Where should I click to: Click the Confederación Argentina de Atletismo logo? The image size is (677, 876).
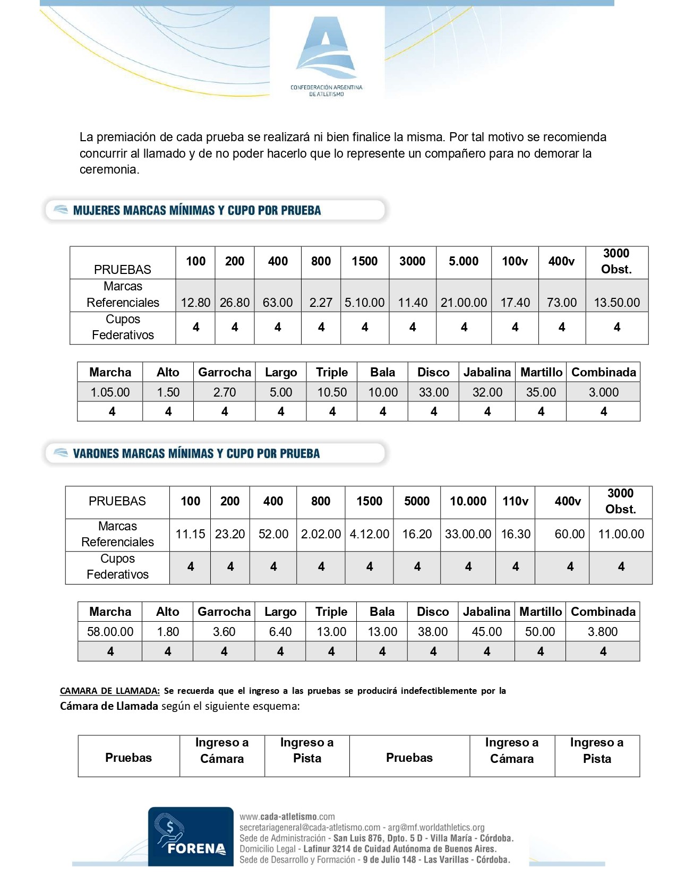(326, 56)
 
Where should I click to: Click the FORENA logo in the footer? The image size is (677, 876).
(191, 836)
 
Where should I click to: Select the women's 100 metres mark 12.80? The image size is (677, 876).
(195, 303)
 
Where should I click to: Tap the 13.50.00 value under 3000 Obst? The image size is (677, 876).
(616, 303)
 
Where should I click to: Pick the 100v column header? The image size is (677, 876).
(515, 261)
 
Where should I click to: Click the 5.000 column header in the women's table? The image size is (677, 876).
(464, 261)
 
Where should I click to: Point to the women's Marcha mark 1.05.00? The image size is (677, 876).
(110, 392)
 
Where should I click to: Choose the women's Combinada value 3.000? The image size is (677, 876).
(603, 392)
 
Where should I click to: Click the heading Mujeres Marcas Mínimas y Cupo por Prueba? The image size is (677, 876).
(197, 210)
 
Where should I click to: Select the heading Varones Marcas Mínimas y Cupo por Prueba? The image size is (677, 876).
(196, 453)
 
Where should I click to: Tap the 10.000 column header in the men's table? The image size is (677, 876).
(468, 501)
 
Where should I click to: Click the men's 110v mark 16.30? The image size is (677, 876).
(516, 534)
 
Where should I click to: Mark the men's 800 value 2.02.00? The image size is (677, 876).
(321, 534)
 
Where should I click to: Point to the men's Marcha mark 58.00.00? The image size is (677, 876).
(110, 632)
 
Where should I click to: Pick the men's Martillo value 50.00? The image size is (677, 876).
(540, 632)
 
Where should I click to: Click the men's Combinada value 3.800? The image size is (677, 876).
(603, 632)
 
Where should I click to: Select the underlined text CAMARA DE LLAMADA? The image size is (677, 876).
(110, 691)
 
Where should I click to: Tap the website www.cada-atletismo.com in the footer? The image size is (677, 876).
(287, 817)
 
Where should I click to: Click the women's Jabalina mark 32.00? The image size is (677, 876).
(487, 392)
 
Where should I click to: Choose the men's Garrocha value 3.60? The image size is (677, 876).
(224, 632)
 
